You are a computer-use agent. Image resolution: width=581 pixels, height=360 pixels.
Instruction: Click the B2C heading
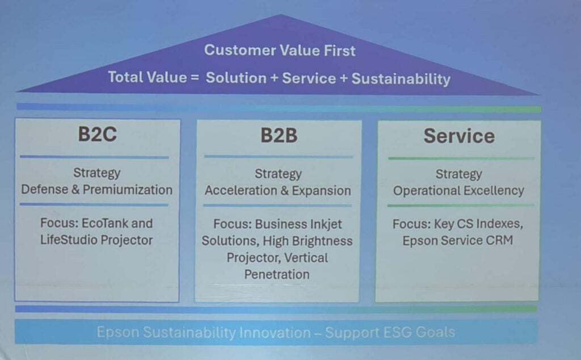pos(98,134)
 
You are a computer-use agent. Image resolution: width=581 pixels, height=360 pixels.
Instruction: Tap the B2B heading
pos(279,135)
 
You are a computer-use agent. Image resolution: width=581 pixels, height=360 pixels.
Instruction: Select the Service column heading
pos(459,136)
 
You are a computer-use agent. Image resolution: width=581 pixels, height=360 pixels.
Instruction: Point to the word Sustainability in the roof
pos(401,78)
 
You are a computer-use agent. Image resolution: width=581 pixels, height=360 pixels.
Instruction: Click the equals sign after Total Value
pos(195,77)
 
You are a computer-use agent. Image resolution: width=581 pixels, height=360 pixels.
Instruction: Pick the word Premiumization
pos(128,190)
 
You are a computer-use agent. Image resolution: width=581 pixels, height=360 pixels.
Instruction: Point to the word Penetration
pos(277,274)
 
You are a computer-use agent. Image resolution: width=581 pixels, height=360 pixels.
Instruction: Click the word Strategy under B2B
pos(278,174)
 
